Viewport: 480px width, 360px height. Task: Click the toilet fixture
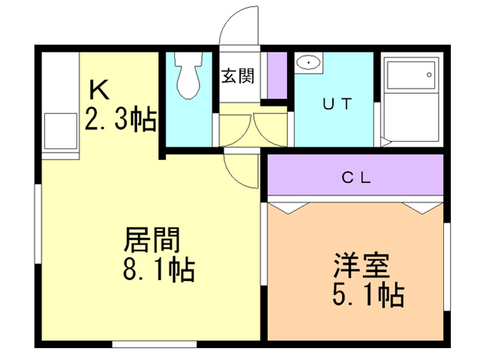(x=188, y=75)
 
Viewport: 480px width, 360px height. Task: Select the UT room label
(x=337, y=104)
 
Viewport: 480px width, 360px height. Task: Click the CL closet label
(x=356, y=177)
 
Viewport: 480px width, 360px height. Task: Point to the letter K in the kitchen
(x=99, y=90)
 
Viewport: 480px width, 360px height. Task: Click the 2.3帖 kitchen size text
(x=121, y=119)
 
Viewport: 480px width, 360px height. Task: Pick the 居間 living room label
(x=151, y=240)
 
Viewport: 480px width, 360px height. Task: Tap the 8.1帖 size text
(x=159, y=269)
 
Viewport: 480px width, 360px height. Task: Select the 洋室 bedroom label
(x=361, y=265)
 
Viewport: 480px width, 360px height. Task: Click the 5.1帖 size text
(x=368, y=295)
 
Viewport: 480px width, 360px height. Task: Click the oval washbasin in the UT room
(x=308, y=62)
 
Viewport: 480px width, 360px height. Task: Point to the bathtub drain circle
(x=429, y=75)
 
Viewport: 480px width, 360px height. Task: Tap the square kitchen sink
(x=61, y=131)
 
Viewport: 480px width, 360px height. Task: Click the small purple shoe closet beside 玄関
(x=277, y=75)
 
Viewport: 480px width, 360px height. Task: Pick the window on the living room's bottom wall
(x=154, y=343)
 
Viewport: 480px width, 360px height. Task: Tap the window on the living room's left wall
(x=37, y=223)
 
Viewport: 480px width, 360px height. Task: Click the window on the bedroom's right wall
(x=447, y=267)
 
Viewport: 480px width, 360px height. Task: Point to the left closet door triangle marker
(x=289, y=208)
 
